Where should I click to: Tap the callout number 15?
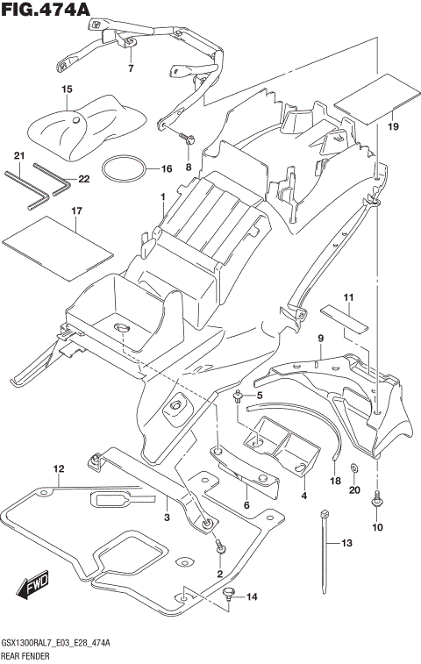coord(66,89)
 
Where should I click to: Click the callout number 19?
coord(392,127)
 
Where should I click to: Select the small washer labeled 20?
coord(353,468)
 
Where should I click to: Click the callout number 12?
coord(58,469)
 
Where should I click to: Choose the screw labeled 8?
coord(187,137)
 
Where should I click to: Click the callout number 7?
coord(129,68)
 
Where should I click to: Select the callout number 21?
coord(18,156)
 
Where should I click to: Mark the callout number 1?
coord(162,197)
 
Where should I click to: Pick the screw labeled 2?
coord(221,548)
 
